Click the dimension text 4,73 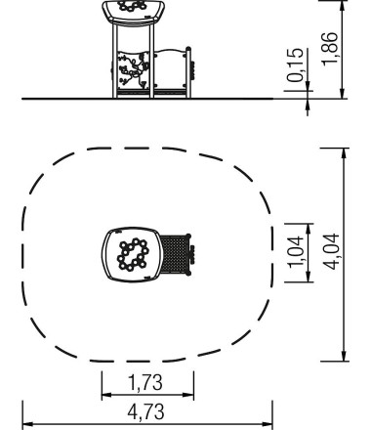pyautogui.click(x=147, y=411)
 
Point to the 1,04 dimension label pyautogui.click(x=297, y=256)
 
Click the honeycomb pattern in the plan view pyautogui.click(x=133, y=255)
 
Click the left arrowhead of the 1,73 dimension pyautogui.click(x=103, y=397)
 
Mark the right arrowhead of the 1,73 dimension pyautogui.click(x=191, y=397)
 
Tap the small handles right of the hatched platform pyautogui.click(x=193, y=255)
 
